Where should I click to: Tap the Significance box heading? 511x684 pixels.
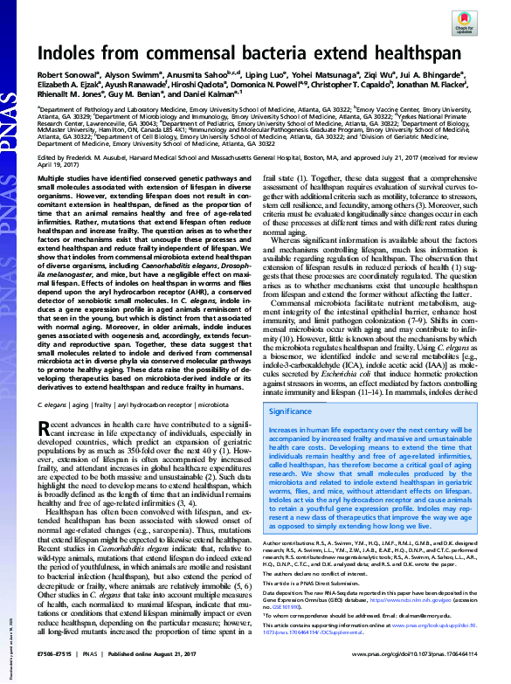point(290,411)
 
